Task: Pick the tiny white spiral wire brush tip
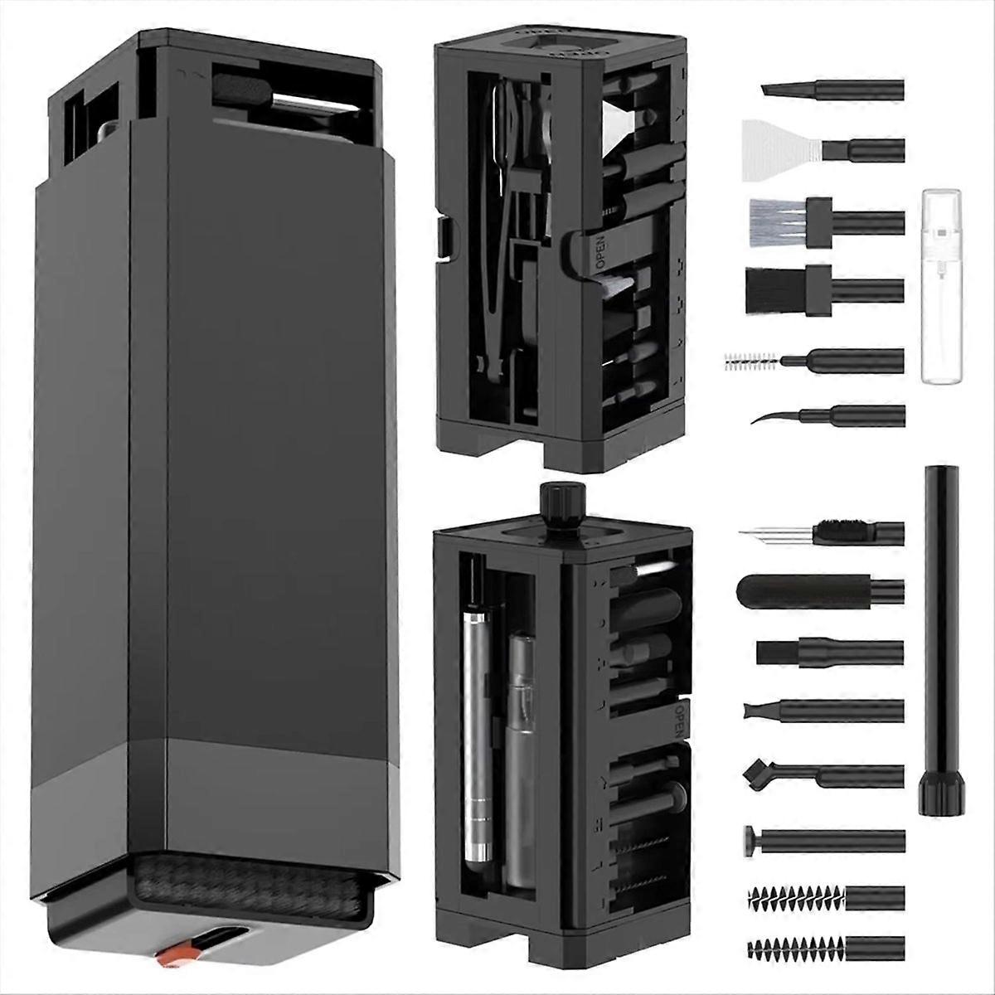750,361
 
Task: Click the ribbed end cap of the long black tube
939,791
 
